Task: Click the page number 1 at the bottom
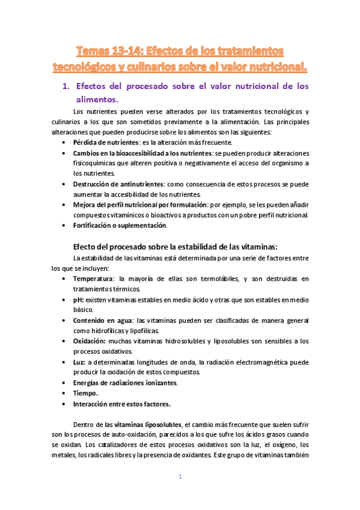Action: click(x=179, y=477)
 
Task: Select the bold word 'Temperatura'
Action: click(x=93, y=279)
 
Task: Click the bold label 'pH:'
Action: click(x=78, y=300)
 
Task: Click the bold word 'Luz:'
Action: click(x=79, y=362)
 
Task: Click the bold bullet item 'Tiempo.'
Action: click(x=86, y=393)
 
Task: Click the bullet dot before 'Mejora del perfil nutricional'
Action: click(x=64, y=205)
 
